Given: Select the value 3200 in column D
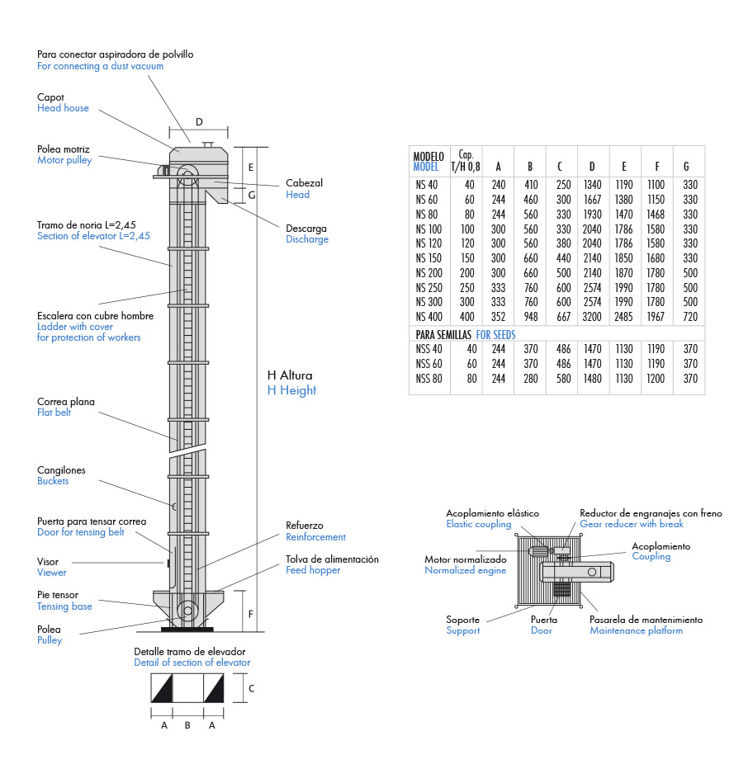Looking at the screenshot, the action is [592, 317].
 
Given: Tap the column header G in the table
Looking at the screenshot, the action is [686, 167].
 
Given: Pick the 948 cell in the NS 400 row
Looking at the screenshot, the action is [531, 317].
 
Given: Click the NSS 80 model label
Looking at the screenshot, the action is [429, 379].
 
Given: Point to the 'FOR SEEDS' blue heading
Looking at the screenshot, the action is [495, 335].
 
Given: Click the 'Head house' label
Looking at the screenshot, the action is [63, 108].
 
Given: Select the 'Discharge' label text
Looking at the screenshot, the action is [307, 239].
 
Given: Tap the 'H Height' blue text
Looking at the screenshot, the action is [291, 390].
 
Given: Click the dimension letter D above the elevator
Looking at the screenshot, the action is [199, 122].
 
